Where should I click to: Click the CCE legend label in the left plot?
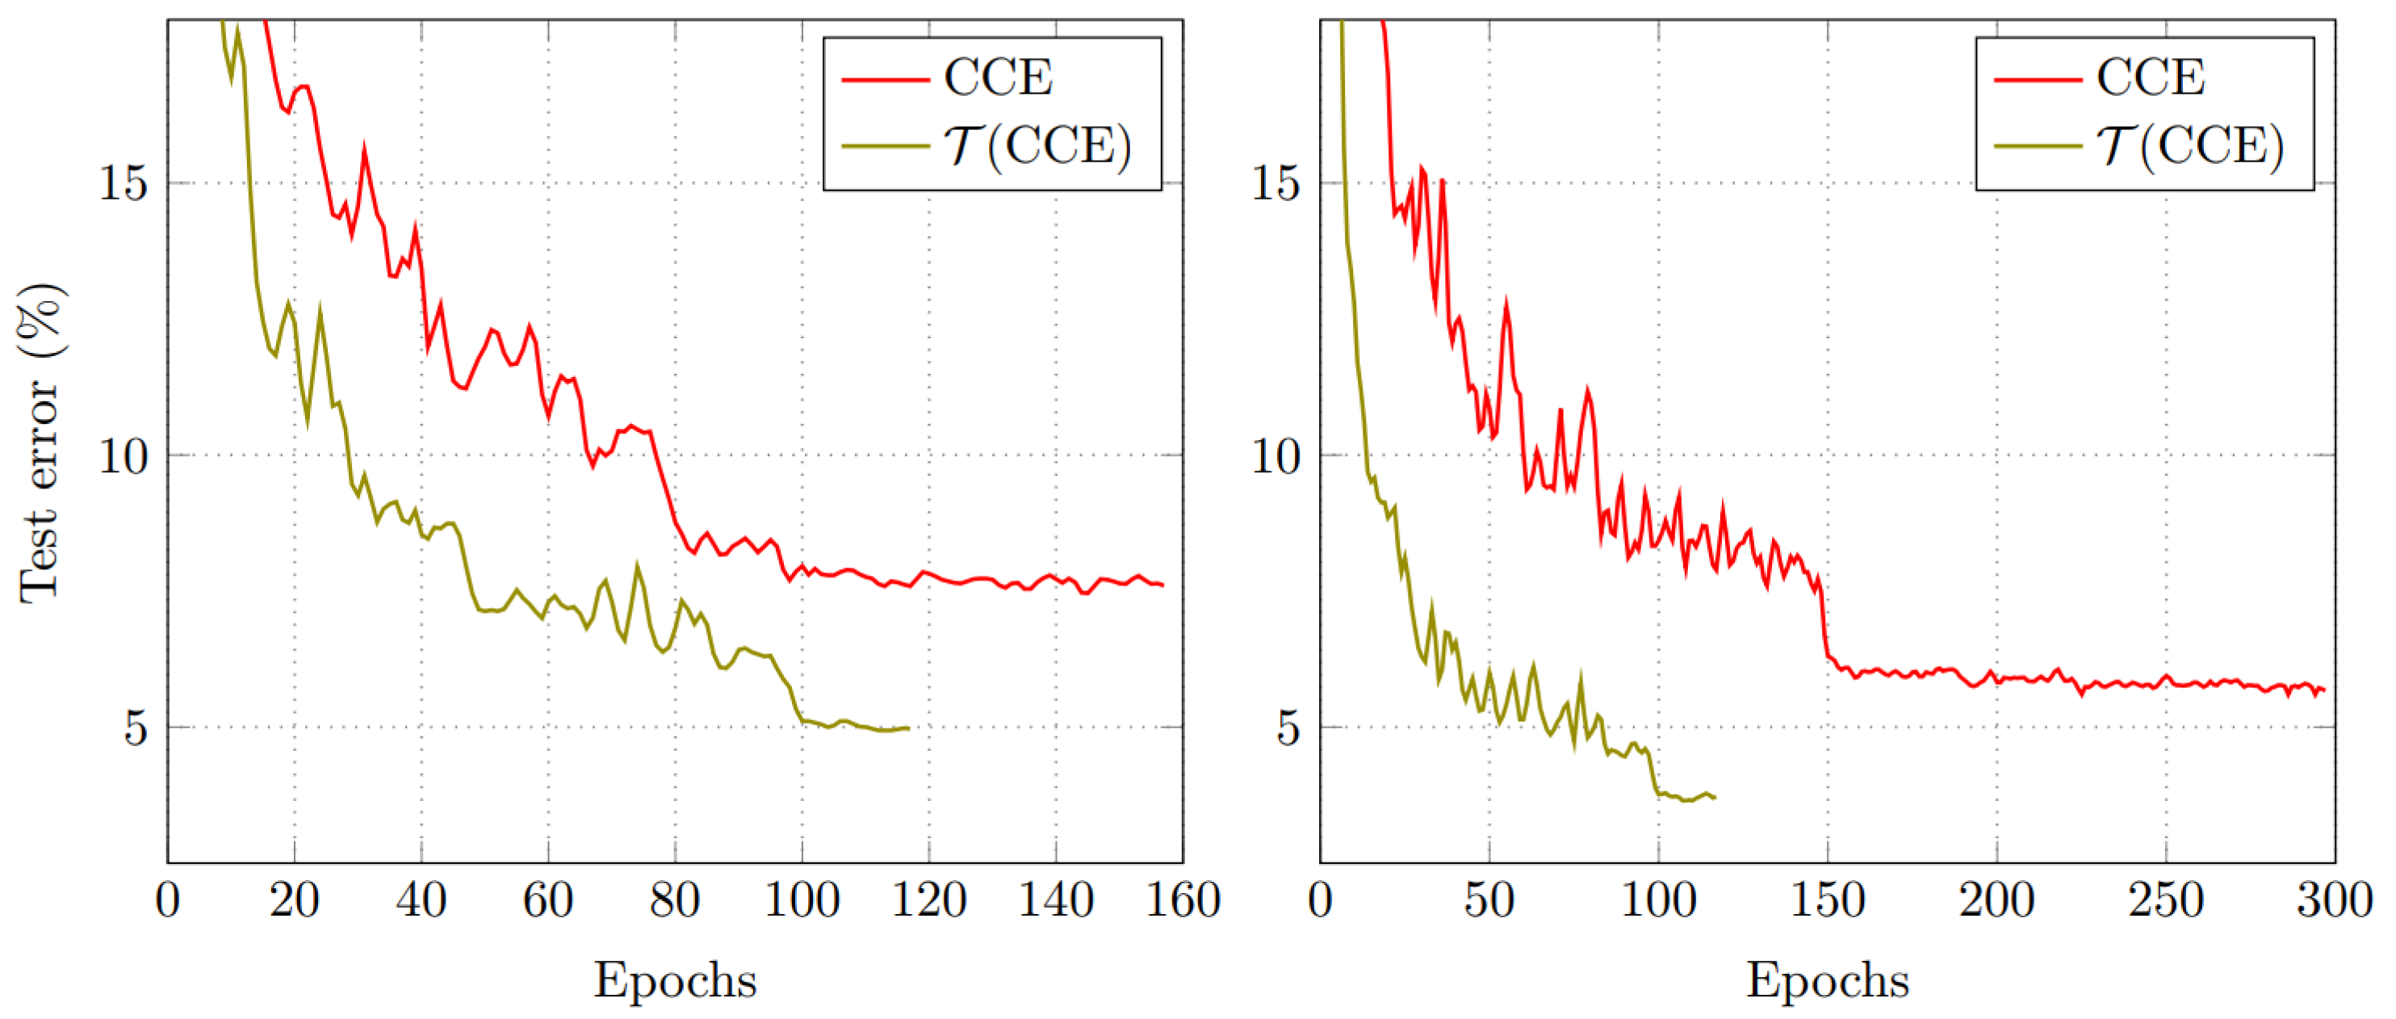pyautogui.click(x=997, y=78)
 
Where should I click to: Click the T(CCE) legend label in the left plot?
pyautogui.click(x=1037, y=146)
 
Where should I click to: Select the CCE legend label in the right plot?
pyautogui.click(x=2150, y=78)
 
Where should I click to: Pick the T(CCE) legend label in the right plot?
pyautogui.click(x=2189, y=146)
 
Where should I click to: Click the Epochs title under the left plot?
pyautogui.click(x=675, y=980)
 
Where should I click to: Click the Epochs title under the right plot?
pyautogui.click(x=1827, y=980)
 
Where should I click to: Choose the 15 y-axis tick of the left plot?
pyautogui.click(x=123, y=182)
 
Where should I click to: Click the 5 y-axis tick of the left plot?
pyautogui.click(x=136, y=728)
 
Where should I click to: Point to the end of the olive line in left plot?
pyautogui.click(x=908, y=728)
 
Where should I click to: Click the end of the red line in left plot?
pyautogui.click(x=1162, y=585)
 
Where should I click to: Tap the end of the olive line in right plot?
pyautogui.click(x=1714, y=798)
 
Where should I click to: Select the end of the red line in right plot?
pyautogui.click(x=2323, y=690)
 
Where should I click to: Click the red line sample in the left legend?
pyautogui.click(x=885, y=80)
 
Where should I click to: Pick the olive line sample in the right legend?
pyautogui.click(x=2037, y=147)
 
